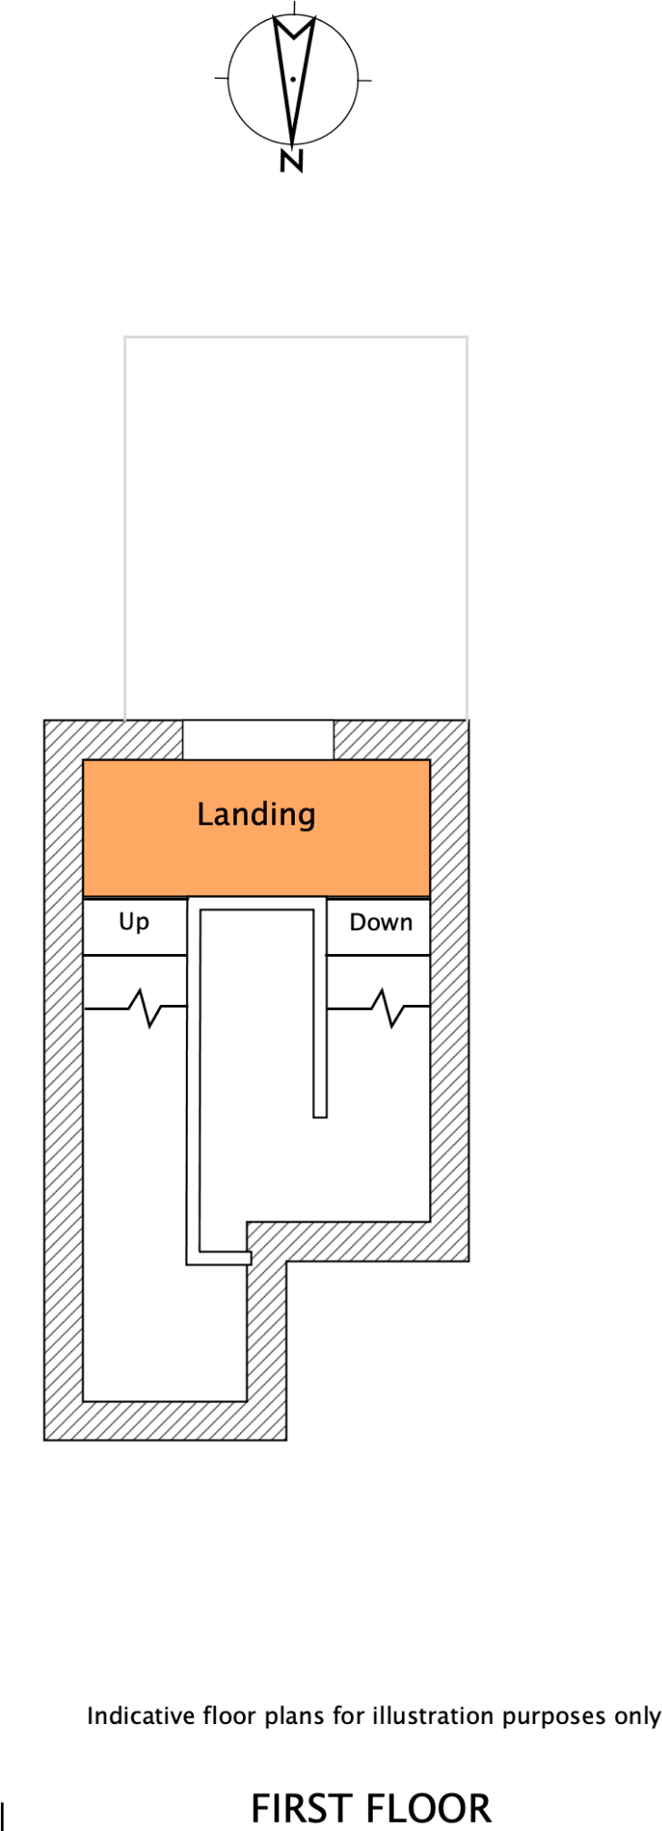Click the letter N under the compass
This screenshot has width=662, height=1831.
pyautogui.click(x=291, y=161)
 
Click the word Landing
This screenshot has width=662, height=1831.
pyautogui.click(x=257, y=814)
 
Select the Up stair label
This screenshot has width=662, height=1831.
pyautogui.click(x=134, y=922)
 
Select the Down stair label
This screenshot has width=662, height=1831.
pyautogui.click(x=381, y=922)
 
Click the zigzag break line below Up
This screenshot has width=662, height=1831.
pyautogui.click(x=145, y=1008)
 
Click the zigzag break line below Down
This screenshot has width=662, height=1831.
pyautogui.click(x=387, y=1008)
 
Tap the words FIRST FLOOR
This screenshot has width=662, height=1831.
pyautogui.click(x=371, y=1808)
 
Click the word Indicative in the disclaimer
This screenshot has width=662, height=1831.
pyautogui.click(x=141, y=1716)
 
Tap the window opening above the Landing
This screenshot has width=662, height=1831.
pyautogui.click(x=258, y=739)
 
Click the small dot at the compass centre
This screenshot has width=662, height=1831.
pyautogui.click(x=293, y=80)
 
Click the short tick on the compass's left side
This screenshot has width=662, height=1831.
pyautogui.click(x=220, y=79)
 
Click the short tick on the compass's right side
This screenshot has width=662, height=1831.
pyautogui.click(x=365, y=80)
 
